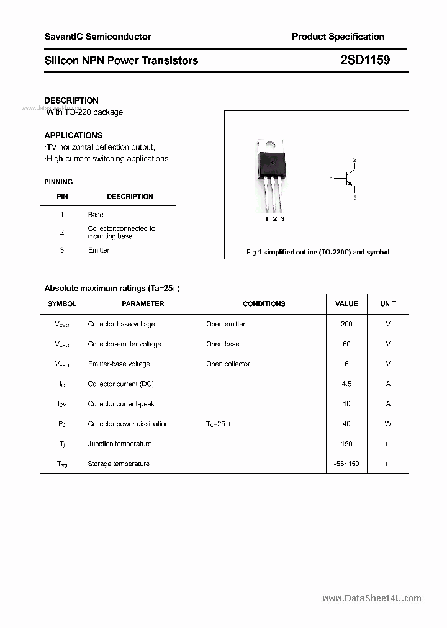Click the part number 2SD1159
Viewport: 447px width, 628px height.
tap(365, 60)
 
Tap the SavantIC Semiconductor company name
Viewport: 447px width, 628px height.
tap(97, 37)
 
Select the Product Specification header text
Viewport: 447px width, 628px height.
tap(338, 37)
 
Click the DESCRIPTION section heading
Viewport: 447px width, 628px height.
tap(71, 101)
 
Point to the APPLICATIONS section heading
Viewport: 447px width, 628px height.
tap(73, 135)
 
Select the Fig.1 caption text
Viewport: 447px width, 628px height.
tap(317, 253)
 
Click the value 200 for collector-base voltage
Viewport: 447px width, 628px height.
tap(346, 324)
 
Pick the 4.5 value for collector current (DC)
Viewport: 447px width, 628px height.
tap(346, 384)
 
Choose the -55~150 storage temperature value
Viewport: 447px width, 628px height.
tap(346, 464)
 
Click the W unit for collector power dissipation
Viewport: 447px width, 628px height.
tap(388, 424)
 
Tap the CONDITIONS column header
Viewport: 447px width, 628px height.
tap(264, 304)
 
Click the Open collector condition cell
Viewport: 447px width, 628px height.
tap(228, 364)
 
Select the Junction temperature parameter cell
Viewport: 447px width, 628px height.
tap(120, 444)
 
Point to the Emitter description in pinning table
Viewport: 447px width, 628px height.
tap(99, 250)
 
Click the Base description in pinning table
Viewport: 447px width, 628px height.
tap(96, 215)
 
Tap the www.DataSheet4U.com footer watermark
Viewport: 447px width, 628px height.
tap(372, 598)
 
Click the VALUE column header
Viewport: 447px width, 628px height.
tap(346, 304)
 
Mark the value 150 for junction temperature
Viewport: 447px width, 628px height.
tap(346, 444)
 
